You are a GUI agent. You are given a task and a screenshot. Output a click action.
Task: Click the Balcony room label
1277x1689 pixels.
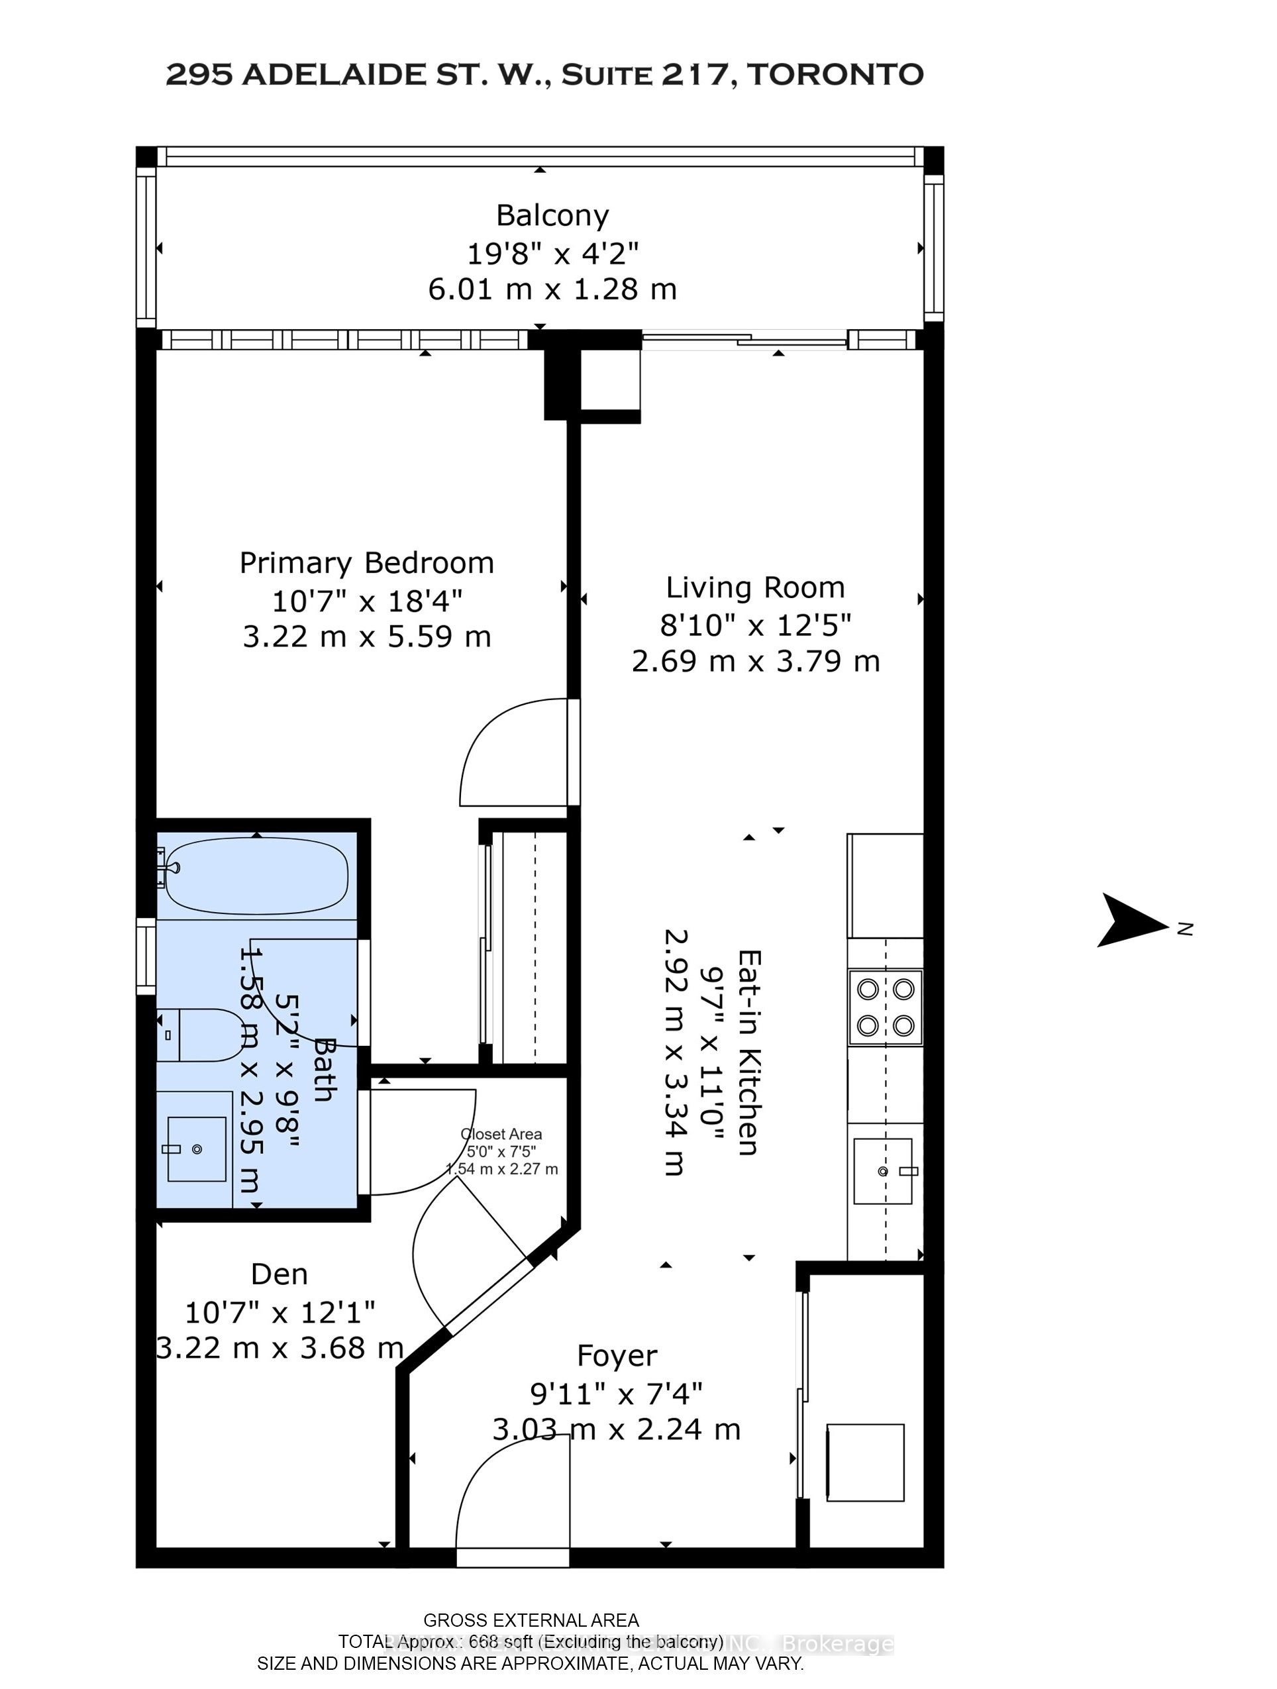click(552, 216)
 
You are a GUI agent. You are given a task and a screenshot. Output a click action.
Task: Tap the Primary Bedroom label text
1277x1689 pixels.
click(366, 564)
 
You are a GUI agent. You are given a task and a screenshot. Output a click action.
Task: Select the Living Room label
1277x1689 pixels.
click(754, 588)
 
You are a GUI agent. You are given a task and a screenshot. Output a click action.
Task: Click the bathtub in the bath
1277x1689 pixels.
click(256, 876)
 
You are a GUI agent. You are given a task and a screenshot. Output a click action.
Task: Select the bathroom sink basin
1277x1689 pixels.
click(196, 1149)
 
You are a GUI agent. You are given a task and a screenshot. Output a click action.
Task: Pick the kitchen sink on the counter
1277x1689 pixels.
click(882, 1170)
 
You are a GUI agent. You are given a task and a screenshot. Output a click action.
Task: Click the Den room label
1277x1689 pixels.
click(280, 1274)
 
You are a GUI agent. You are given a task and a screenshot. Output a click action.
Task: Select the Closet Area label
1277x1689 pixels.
click(501, 1135)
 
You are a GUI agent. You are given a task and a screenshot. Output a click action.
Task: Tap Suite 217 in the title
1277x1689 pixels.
click(649, 75)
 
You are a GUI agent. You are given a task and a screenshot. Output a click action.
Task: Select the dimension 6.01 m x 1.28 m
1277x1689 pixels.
click(552, 289)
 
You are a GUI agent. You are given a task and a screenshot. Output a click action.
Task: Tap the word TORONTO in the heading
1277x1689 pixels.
click(836, 75)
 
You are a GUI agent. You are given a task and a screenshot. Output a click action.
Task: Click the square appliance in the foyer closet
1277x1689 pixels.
click(864, 1463)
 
